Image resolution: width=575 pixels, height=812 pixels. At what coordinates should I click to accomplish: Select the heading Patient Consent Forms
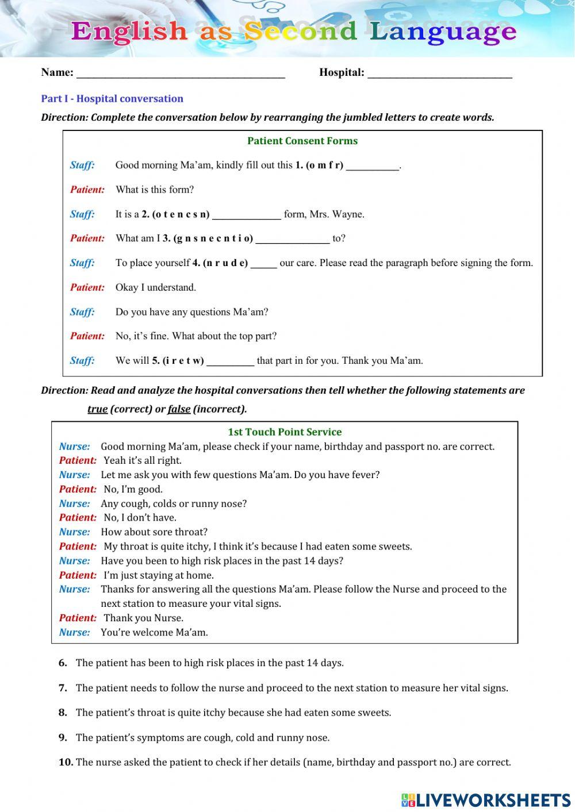(302, 141)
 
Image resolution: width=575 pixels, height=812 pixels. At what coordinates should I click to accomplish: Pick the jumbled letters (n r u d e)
(225, 263)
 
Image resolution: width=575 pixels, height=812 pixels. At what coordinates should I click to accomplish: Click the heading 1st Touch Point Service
(285, 432)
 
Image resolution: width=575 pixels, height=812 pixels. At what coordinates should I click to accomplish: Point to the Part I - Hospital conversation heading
(112, 98)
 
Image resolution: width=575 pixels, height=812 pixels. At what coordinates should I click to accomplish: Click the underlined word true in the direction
(97, 409)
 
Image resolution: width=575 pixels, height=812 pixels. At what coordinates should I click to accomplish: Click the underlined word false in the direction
(179, 409)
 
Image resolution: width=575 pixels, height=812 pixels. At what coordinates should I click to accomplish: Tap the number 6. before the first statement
(63, 663)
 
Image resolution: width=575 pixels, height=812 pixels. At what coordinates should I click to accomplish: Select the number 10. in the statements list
(66, 762)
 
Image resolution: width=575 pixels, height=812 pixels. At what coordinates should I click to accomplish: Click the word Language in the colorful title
(443, 31)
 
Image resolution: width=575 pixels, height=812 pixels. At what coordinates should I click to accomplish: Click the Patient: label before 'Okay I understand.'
(87, 287)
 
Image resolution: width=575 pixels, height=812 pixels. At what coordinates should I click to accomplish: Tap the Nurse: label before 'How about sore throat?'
(75, 532)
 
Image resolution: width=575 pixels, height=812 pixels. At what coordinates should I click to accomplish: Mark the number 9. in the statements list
(63, 737)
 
